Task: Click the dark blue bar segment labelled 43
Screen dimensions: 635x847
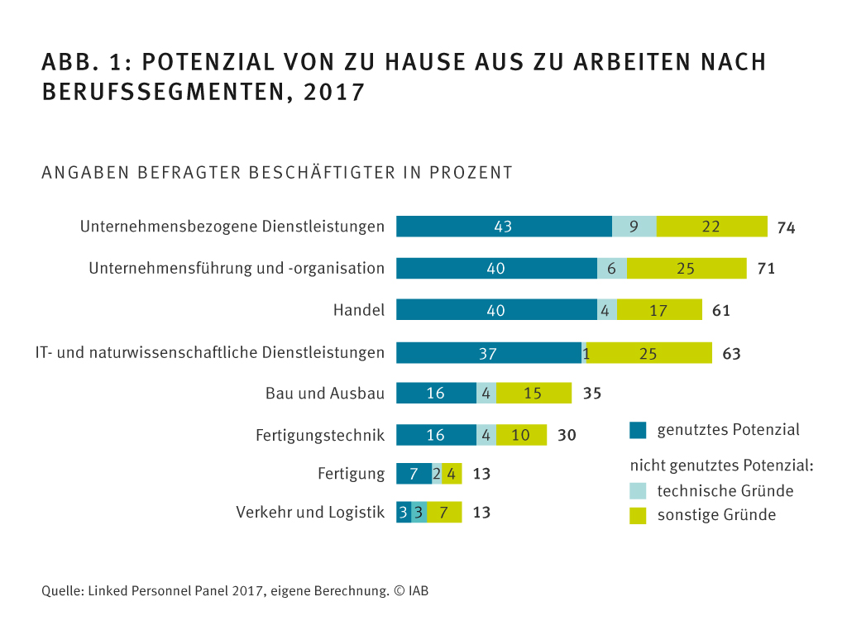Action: pyautogui.click(x=504, y=227)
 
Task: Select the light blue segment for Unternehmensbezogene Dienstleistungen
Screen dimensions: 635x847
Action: pyautogui.click(x=634, y=227)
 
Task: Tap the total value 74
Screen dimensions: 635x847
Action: pyautogui.click(x=786, y=228)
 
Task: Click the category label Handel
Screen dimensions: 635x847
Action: pyautogui.click(x=359, y=310)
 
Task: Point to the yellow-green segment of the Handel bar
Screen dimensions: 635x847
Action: pyautogui.click(x=659, y=310)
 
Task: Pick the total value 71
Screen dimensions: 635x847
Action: pyautogui.click(x=766, y=269)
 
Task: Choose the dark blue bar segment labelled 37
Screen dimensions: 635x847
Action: pyautogui.click(x=488, y=353)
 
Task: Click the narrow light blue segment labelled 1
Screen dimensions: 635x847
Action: pyautogui.click(x=585, y=353)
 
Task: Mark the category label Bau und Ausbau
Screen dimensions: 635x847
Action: pyautogui.click(x=325, y=394)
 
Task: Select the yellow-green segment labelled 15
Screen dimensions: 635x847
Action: pyautogui.click(x=534, y=394)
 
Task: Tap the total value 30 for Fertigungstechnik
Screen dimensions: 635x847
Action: pyautogui.click(x=567, y=435)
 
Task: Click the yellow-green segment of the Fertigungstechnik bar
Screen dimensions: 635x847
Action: pyautogui.click(x=521, y=435)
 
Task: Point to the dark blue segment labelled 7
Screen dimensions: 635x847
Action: pyautogui.click(x=414, y=474)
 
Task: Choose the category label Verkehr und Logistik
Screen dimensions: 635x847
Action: pyautogui.click(x=310, y=513)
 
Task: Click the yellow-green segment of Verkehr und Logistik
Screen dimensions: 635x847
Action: pyautogui.click(x=444, y=513)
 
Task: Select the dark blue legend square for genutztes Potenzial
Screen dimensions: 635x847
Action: pyautogui.click(x=638, y=430)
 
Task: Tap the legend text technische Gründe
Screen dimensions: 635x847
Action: pyautogui.click(x=725, y=491)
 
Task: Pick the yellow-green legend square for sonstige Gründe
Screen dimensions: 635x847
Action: pyautogui.click(x=638, y=515)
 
